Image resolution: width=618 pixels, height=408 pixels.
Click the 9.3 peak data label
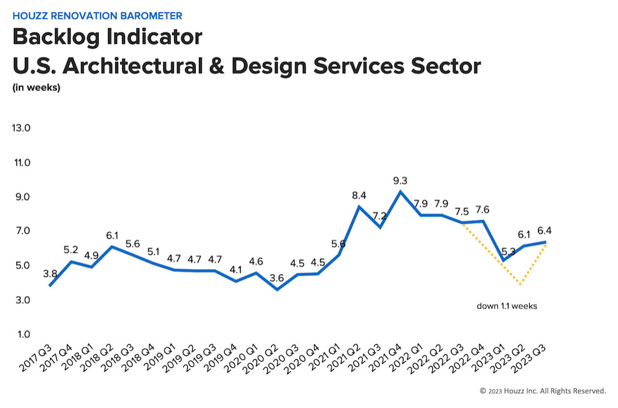pyautogui.click(x=400, y=181)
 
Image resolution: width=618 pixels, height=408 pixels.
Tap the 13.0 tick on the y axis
pyautogui.click(x=21, y=128)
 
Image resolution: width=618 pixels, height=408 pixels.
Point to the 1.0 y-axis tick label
pyautogui.click(x=23, y=334)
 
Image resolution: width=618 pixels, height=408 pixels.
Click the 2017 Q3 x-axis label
pyautogui.click(x=36, y=358)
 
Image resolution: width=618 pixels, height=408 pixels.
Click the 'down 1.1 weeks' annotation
pyautogui.click(x=507, y=306)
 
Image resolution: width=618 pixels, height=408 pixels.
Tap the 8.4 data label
pyautogui.click(x=359, y=195)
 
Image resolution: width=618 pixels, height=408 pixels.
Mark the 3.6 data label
pyautogui.click(x=276, y=278)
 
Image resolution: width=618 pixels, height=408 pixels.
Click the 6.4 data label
pyautogui.click(x=544, y=231)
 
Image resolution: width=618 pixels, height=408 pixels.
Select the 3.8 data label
pyautogui.click(x=50, y=273)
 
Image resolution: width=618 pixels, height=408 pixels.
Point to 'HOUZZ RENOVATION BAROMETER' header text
pyautogui.click(x=98, y=16)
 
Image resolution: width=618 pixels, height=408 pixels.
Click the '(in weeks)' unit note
pyautogui.click(x=36, y=87)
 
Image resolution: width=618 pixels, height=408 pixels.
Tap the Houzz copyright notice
pyautogui.click(x=543, y=391)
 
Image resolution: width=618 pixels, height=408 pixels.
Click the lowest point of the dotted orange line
pyautogui.click(x=521, y=284)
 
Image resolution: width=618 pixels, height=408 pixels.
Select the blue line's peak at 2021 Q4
pyautogui.click(x=400, y=192)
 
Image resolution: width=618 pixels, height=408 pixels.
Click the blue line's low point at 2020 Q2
pyautogui.click(x=277, y=289)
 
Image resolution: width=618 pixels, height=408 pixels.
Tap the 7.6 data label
pyautogui.click(x=482, y=210)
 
